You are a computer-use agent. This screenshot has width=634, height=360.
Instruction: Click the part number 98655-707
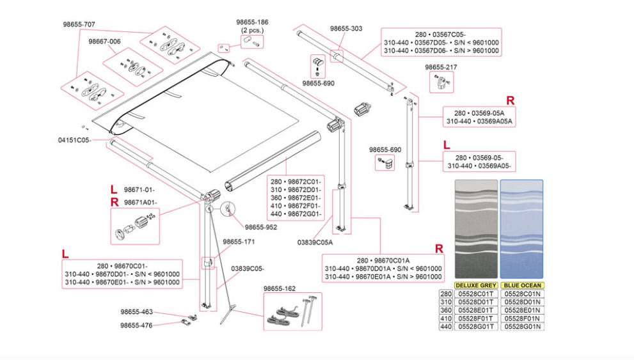[79, 24]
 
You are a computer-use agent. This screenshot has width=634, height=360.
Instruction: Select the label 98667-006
[104, 42]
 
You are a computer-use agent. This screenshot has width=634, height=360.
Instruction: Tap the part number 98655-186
[252, 22]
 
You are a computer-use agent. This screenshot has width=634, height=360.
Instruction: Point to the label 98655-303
[346, 29]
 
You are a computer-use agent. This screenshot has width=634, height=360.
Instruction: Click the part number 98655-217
[441, 67]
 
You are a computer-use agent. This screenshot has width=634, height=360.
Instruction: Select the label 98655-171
[239, 242]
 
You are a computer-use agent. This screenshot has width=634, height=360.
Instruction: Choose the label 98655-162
[280, 289]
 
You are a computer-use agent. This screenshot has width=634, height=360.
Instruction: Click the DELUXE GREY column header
[475, 285]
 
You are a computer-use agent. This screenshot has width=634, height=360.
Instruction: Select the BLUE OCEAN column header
[521, 285]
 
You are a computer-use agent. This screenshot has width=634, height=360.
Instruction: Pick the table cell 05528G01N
[522, 327]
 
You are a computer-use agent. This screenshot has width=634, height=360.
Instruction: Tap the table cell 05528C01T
[475, 293]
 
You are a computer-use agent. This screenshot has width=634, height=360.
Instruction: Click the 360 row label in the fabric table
[445, 310]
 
